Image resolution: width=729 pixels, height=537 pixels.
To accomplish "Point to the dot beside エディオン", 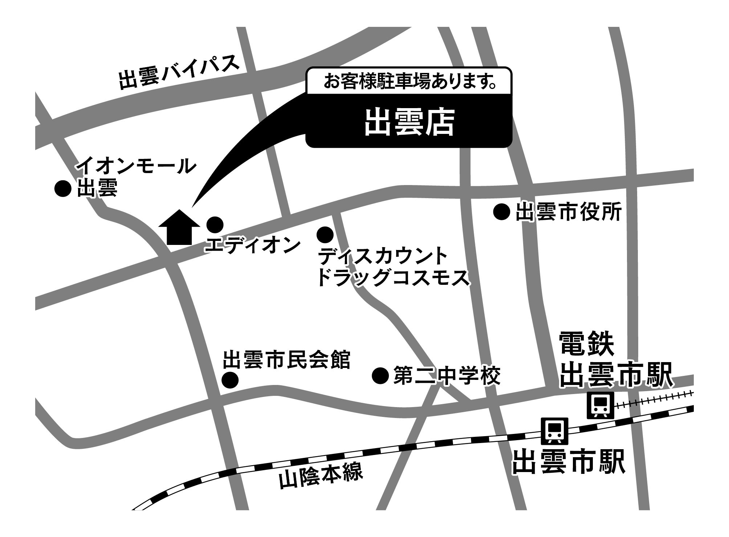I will point(215,224).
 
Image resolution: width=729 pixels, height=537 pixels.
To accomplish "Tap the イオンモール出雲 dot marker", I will point(62,189).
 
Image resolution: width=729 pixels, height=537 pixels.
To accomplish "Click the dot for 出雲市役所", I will point(502,212).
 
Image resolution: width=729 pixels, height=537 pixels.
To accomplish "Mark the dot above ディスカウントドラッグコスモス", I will point(325,234).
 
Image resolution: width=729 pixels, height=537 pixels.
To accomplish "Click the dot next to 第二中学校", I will point(380,376).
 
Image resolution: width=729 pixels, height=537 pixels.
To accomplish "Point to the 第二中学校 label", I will point(447,376).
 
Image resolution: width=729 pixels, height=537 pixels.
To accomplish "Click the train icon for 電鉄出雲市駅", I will point(600,405).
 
